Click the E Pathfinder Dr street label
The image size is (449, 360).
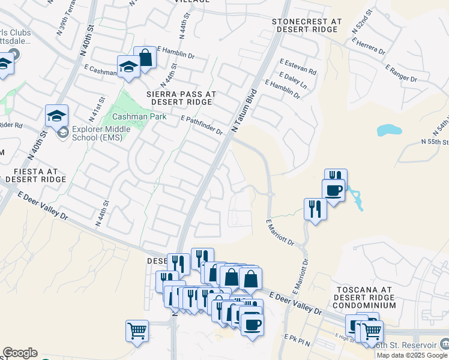pyautogui.click(x=202, y=125)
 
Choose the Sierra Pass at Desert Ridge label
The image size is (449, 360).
pyautogui.click(x=181, y=98)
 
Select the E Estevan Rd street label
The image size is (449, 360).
pyautogui.click(x=298, y=62)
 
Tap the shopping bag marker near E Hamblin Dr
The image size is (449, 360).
pyautogui.click(x=145, y=57)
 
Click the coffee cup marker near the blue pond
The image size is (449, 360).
pyautogui.click(x=333, y=190)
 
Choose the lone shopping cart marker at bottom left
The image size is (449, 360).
pyautogui.click(x=137, y=330)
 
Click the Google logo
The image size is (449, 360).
pyautogui.click(x=20, y=353)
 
